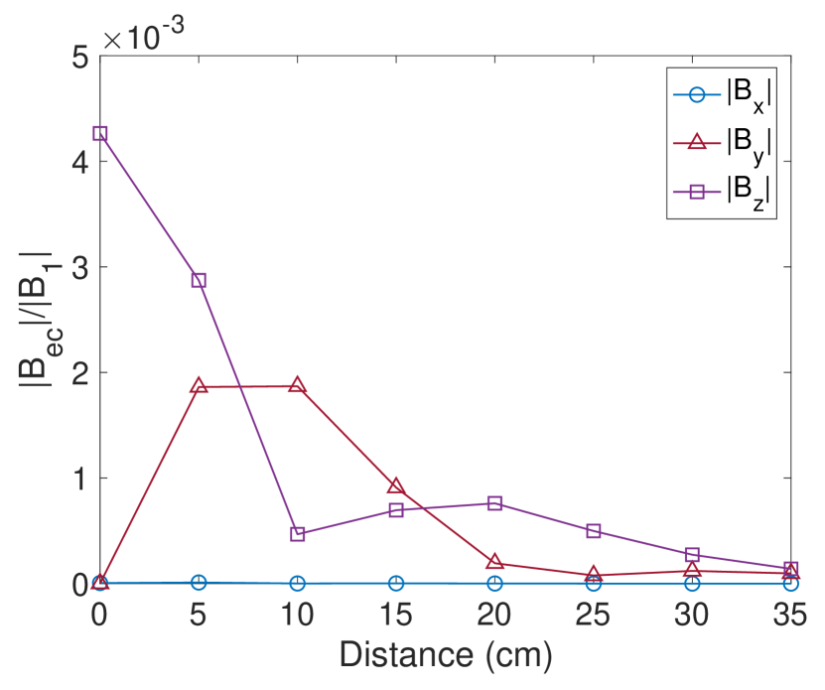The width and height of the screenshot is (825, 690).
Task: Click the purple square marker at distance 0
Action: pos(99,133)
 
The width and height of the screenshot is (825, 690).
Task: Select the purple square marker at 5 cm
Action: pos(199,280)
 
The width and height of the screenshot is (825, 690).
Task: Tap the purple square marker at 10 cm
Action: pos(297,534)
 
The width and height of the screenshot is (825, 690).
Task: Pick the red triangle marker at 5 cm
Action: pos(199,385)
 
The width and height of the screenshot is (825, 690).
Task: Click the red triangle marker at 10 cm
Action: pos(297,385)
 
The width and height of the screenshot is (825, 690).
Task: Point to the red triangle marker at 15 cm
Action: pos(396,485)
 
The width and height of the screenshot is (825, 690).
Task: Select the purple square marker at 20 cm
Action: pos(494,503)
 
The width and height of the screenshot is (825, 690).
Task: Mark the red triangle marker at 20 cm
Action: pos(494,562)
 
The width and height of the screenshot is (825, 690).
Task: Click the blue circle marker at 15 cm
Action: pos(396,583)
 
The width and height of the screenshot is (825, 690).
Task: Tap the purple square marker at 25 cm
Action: pos(594,531)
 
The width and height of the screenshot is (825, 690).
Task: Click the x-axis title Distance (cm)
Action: pos(445,654)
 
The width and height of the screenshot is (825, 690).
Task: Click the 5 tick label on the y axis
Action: pos(79,57)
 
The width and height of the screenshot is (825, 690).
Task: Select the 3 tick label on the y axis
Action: pos(79,267)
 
